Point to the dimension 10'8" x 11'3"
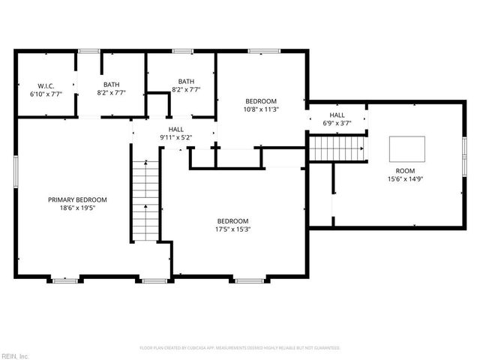pos(262,109)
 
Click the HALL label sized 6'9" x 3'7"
pos(337,115)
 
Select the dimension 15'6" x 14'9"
pos(406,179)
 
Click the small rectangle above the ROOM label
pos(406,148)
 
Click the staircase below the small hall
pos(337,148)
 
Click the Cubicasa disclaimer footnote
pos(240,348)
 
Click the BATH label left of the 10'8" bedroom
pos(186,81)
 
